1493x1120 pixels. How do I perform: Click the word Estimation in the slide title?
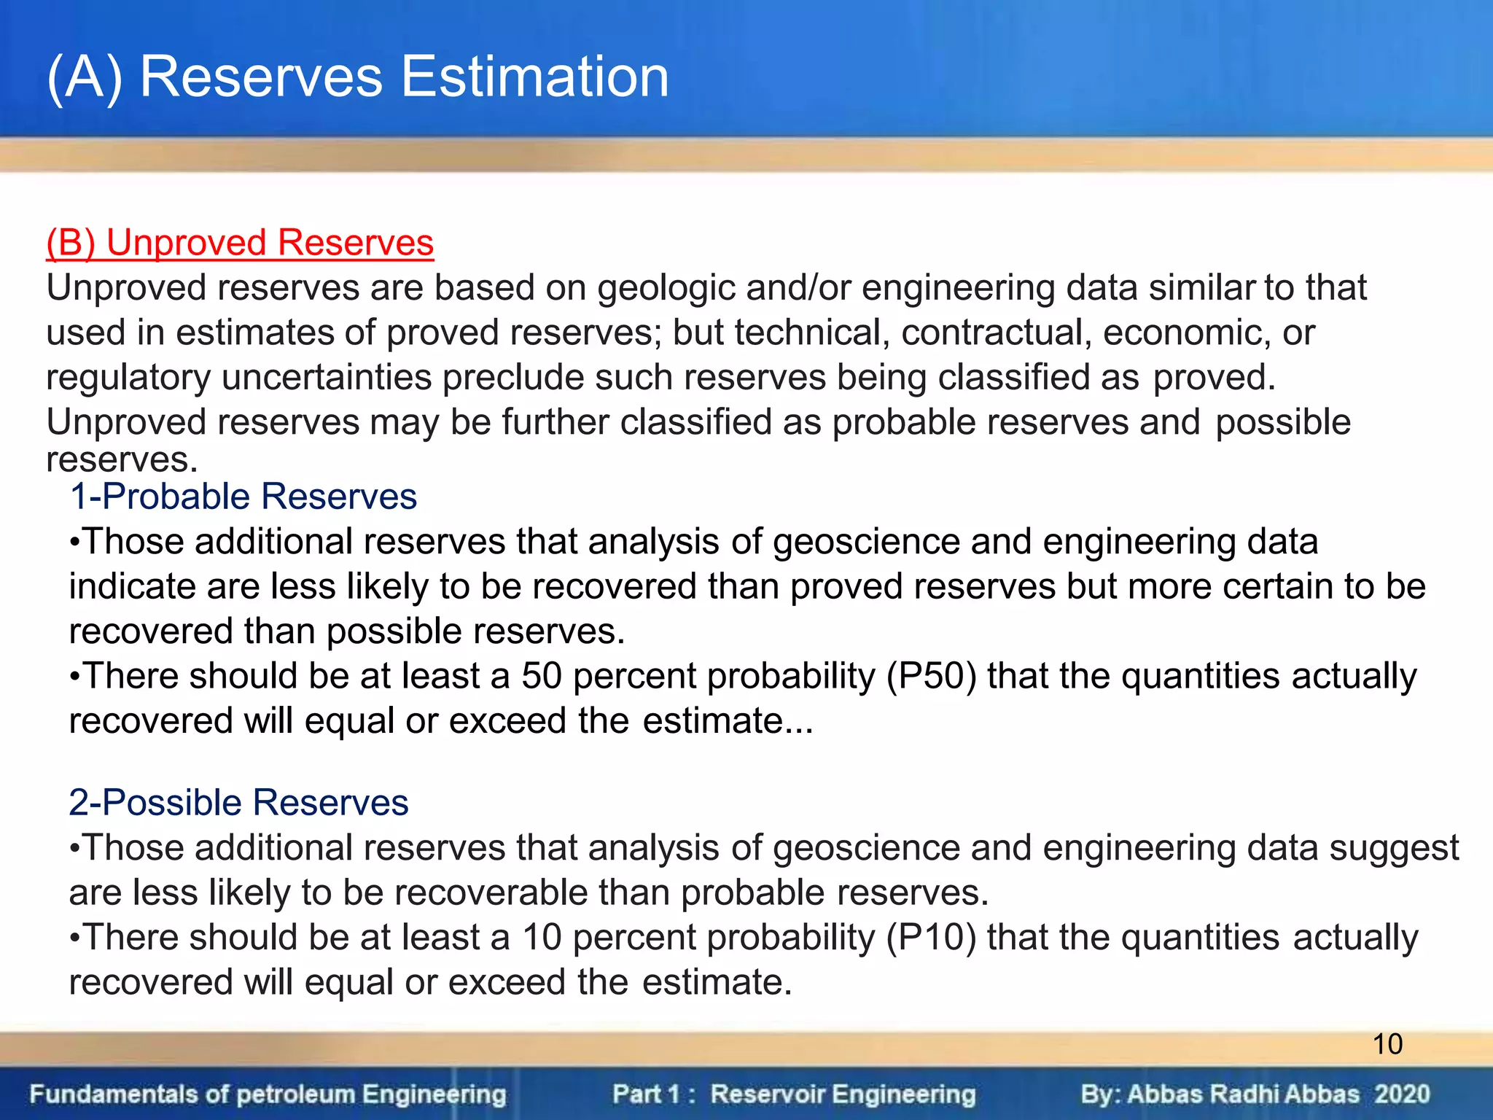click(x=535, y=77)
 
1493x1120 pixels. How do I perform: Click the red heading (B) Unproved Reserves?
click(x=240, y=243)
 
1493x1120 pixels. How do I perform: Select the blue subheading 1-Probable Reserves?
click(x=243, y=497)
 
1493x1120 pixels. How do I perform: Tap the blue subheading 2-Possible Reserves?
click(x=238, y=803)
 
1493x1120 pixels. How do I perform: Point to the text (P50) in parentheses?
click(x=931, y=676)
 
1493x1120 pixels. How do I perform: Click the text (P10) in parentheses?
click(x=931, y=938)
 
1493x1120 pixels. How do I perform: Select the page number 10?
click(x=1387, y=1044)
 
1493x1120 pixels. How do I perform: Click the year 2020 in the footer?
click(x=1402, y=1094)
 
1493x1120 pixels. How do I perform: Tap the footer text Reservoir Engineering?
click(x=843, y=1094)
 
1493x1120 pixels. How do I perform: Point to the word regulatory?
click(x=129, y=378)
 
